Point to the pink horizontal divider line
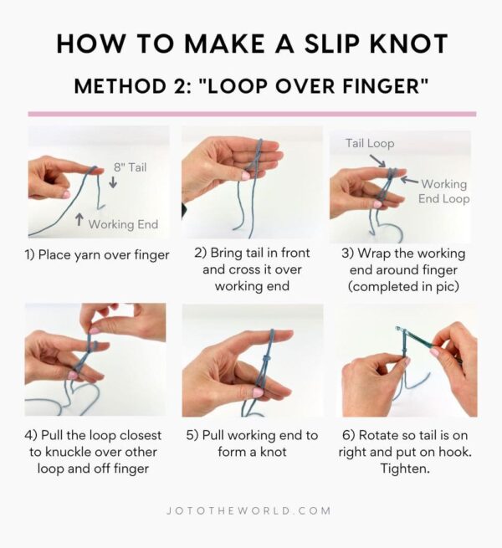[251, 114]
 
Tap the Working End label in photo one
[123, 223]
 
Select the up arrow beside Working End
[79, 221]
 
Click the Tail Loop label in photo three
[370, 143]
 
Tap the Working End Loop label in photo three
[443, 191]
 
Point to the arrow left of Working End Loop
[408, 178]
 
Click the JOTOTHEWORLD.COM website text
[251, 510]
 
